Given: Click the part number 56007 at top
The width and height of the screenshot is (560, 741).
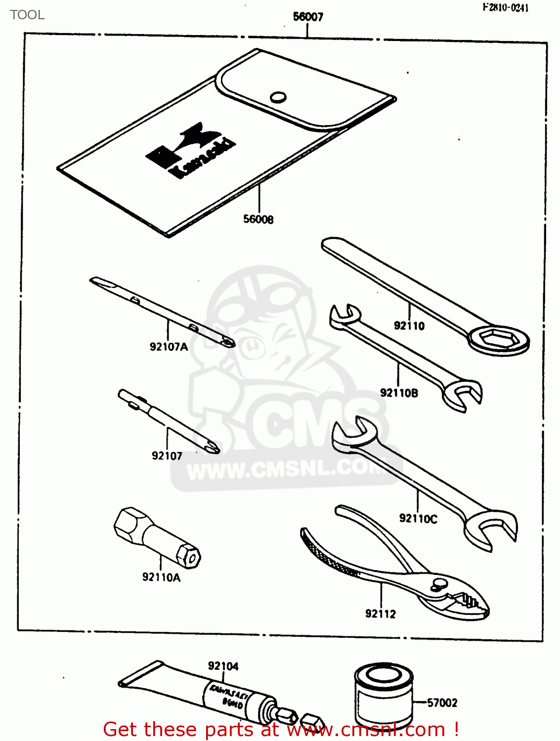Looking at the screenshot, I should click(308, 17).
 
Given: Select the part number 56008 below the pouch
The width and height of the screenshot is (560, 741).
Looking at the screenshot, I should click(258, 219).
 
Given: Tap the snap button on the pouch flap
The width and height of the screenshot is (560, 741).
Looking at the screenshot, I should click(278, 97).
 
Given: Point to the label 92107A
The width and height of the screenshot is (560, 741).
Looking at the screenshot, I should click(169, 347).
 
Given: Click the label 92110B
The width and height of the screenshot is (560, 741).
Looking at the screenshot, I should click(399, 393).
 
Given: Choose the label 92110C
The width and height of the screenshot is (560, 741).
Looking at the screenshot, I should click(418, 519).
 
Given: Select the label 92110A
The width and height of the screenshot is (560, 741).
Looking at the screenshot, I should click(161, 577).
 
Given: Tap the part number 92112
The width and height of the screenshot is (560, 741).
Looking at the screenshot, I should click(381, 614).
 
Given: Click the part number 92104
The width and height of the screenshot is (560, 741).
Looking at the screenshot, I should click(223, 666).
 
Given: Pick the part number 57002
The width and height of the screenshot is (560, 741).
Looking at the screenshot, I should click(442, 702).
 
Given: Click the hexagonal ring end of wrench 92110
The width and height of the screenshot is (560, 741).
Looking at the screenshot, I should click(498, 339).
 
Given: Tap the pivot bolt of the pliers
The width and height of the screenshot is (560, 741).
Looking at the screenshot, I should click(437, 583).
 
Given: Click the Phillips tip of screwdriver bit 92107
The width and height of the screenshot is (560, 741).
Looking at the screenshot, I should click(213, 447).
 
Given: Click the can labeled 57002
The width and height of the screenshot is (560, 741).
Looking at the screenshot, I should click(384, 697).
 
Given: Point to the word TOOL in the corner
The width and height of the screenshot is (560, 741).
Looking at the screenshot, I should click(27, 15).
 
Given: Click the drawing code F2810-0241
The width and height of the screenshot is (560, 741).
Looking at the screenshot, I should click(505, 7).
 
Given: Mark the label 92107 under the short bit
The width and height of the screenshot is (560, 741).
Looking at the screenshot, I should click(167, 456).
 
